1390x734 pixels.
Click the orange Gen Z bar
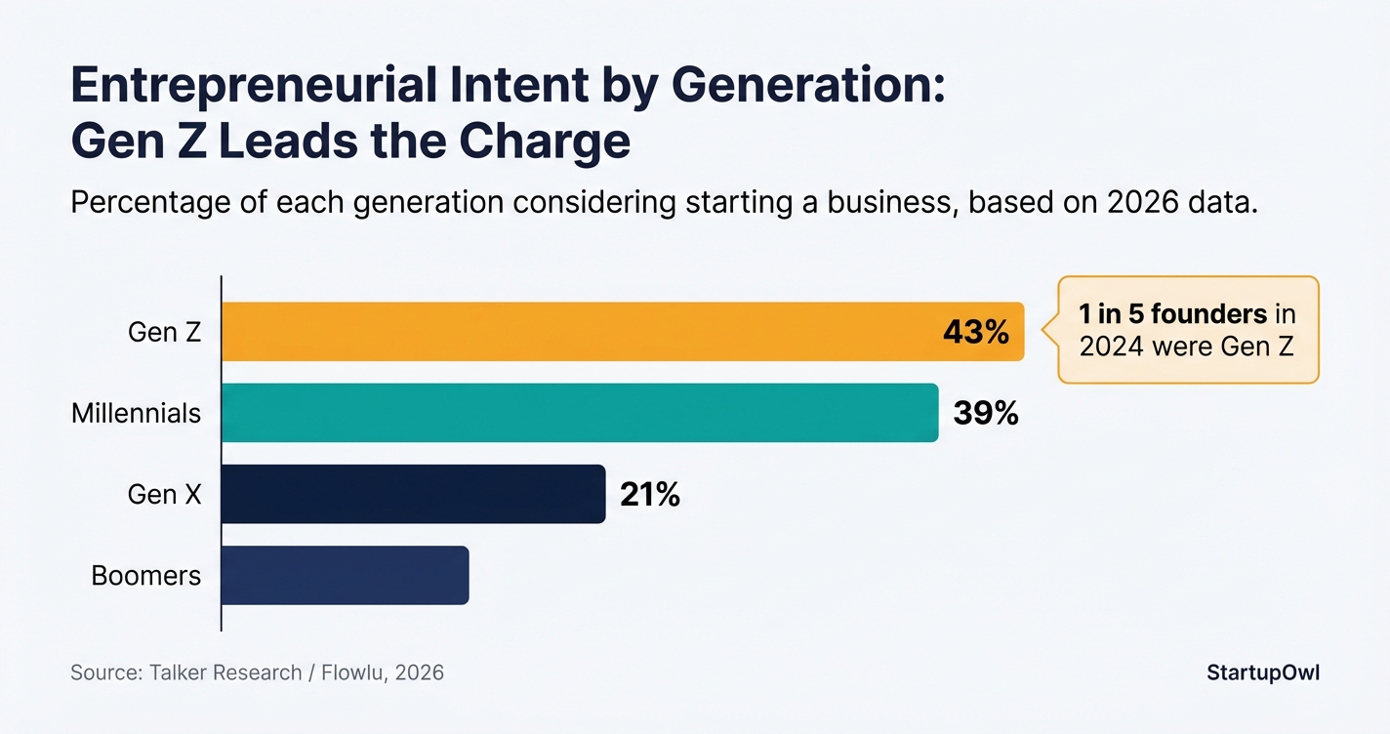586,332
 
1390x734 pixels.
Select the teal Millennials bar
580,413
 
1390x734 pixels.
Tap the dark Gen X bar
413,494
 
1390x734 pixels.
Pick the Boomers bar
345,575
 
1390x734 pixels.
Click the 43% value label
975,333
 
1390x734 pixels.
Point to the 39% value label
986,414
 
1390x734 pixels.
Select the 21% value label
649,495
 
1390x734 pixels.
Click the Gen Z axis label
164,333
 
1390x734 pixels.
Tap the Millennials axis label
136,414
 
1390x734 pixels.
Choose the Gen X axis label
164,495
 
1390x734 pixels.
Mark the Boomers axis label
145,576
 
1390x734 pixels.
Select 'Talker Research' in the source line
225,673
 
